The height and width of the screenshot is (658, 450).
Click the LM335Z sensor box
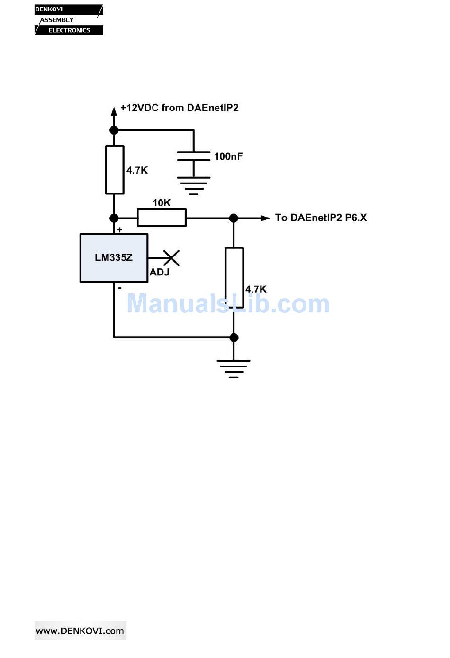point(114,258)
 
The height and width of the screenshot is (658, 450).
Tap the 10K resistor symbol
point(162,218)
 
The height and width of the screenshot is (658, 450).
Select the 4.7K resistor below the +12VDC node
point(114,170)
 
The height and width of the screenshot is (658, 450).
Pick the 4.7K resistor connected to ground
point(234,278)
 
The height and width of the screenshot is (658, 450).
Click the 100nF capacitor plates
point(193,156)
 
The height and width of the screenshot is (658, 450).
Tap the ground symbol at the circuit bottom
point(234,368)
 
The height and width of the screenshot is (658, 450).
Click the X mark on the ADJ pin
point(171,258)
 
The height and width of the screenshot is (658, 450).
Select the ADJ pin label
point(160,272)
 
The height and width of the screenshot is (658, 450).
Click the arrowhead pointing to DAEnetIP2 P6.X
point(265,218)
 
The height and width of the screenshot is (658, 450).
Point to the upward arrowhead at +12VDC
point(114,111)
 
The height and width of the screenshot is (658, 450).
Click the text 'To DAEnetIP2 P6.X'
point(321,218)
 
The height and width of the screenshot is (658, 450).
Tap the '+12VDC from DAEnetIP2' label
point(180,108)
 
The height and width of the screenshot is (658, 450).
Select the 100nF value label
point(228,156)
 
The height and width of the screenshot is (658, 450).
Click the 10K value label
point(162,203)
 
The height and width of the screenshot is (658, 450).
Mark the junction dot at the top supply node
point(114,130)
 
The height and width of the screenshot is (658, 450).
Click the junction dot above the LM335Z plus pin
point(114,218)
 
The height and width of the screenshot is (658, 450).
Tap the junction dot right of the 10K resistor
point(234,218)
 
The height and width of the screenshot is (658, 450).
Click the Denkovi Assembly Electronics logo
point(69,20)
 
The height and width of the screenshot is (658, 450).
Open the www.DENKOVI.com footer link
point(80,631)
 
